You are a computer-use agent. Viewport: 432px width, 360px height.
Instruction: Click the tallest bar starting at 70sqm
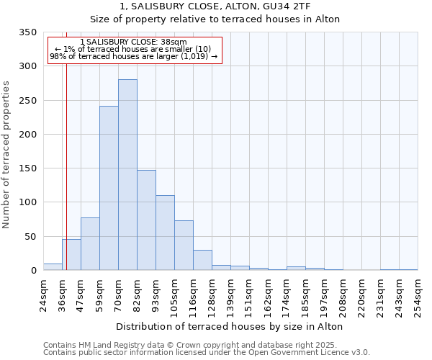click(127, 175)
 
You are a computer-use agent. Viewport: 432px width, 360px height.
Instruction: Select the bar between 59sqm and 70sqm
click(109, 188)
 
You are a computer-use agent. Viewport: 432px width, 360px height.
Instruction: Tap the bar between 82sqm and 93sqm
click(146, 220)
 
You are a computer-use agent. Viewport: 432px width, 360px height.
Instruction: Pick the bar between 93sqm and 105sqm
click(165, 233)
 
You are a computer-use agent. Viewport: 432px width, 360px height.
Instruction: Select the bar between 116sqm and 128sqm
click(202, 260)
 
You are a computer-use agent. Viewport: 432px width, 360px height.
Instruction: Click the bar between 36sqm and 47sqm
click(71, 255)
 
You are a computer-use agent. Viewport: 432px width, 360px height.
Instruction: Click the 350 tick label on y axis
click(27, 32)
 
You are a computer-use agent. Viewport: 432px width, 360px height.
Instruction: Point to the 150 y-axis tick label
click(27, 168)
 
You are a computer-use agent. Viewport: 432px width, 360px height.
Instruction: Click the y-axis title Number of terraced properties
click(7, 154)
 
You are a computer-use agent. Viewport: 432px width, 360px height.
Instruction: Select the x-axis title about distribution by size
click(229, 326)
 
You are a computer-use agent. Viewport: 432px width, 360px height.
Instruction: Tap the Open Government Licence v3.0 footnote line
click(207, 353)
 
